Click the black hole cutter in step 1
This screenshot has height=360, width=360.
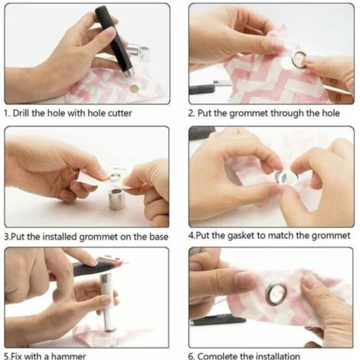(x=113, y=40)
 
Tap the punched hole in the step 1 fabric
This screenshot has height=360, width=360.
(x=134, y=89)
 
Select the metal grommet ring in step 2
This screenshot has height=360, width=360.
(x=299, y=60)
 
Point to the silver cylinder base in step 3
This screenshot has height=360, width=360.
(x=116, y=199)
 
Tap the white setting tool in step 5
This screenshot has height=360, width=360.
(x=108, y=302)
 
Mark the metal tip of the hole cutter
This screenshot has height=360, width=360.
(x=129, y=73)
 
